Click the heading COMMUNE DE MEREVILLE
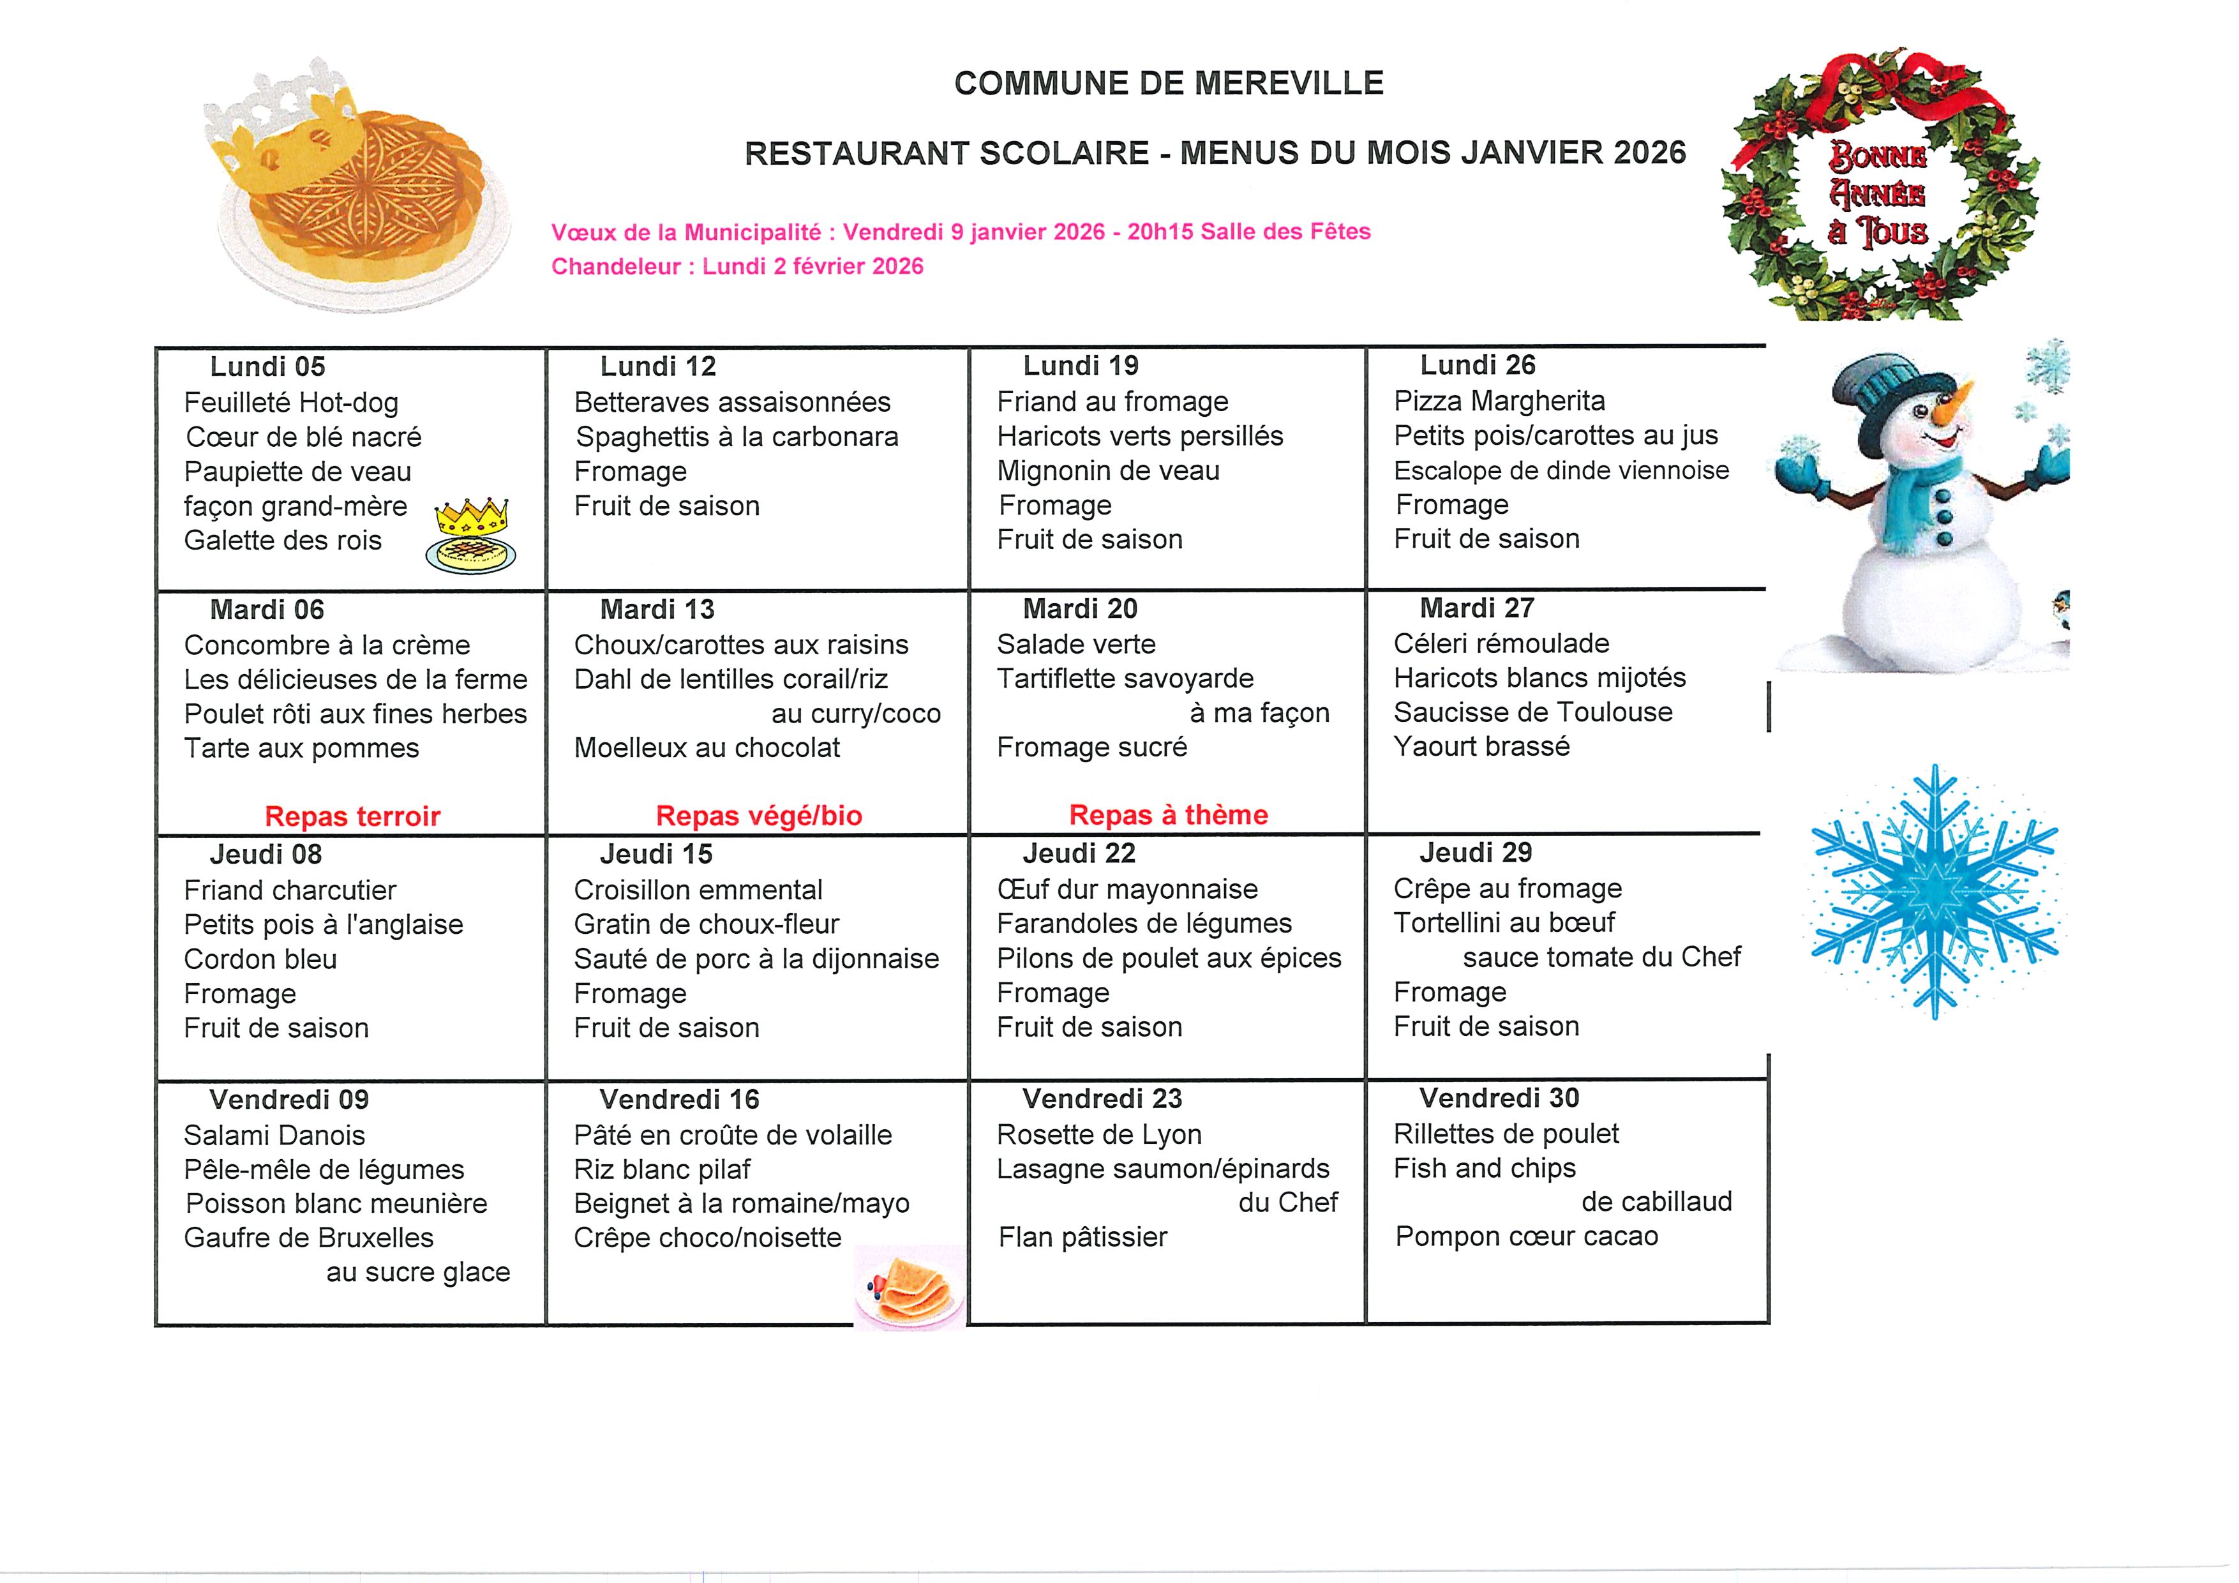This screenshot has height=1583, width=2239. (1168, 83)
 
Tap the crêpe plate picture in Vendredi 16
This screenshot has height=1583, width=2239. (909, 1287)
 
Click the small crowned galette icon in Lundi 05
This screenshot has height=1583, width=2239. (471, 536)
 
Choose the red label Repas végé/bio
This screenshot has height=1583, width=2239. (759, 815)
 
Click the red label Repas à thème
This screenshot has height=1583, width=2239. (1168, 814)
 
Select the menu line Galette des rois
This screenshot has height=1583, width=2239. (283, 541)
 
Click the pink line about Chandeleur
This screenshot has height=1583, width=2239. (737, 266)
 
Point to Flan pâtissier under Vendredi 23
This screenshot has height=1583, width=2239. (1082, 1237)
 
